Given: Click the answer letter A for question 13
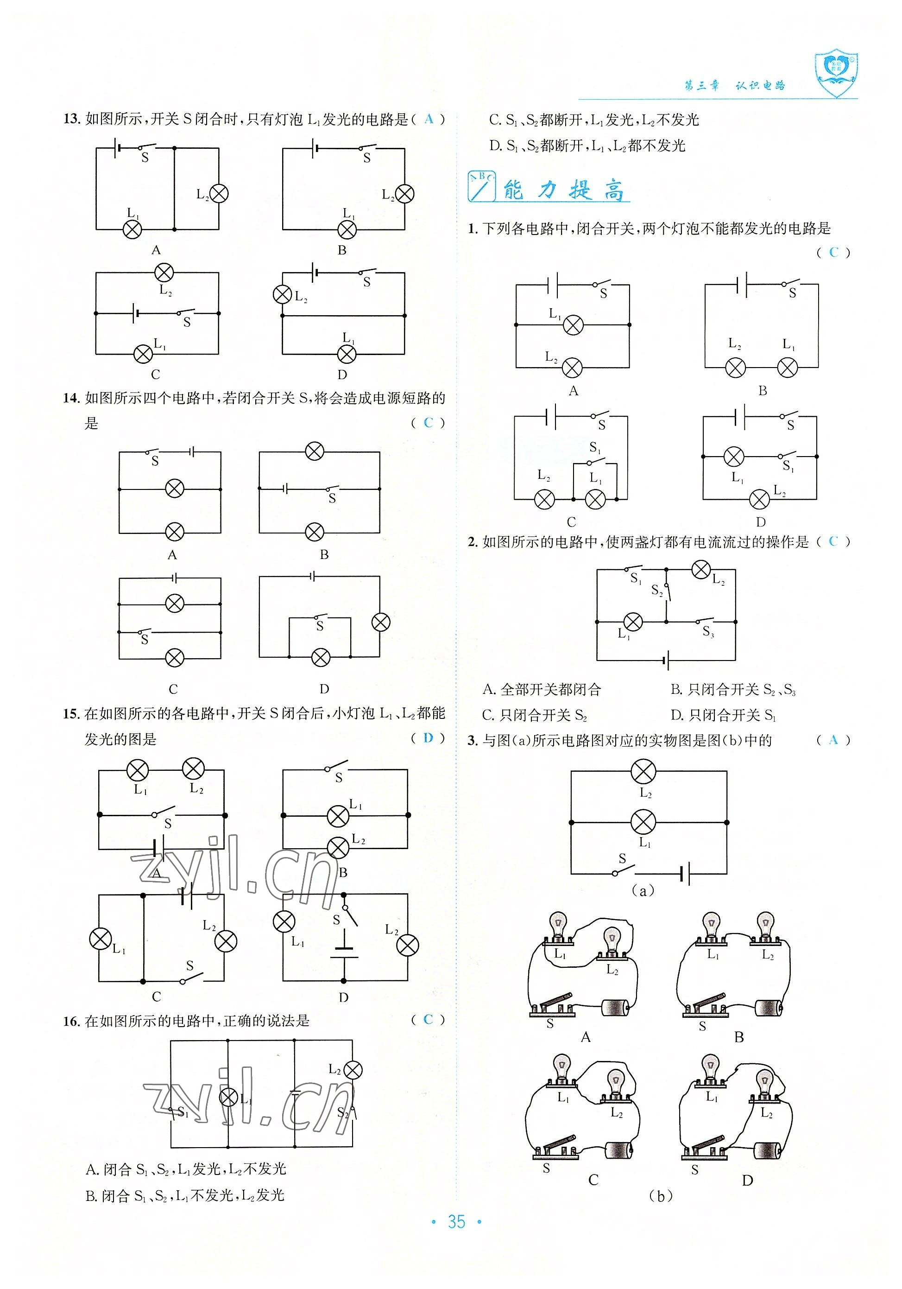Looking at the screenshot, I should (x=429, y=119).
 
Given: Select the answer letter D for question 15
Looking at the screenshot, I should (x=428, y=738).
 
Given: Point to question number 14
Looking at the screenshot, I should (x=71, y=399).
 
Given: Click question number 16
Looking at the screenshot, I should (x=71, y=1021).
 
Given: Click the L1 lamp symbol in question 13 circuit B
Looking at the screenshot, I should (x=347, y=229).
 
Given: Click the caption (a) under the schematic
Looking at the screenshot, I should (x=643, y=891).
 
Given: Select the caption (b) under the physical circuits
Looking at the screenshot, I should (x=661, y=1196).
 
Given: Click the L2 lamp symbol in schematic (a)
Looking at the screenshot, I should (x=643, y=771).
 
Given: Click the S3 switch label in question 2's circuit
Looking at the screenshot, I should (x=708, y=632).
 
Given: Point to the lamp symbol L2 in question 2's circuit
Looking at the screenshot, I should (x=700, y=570).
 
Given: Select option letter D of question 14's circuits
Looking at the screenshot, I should (x=324, y=689).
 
